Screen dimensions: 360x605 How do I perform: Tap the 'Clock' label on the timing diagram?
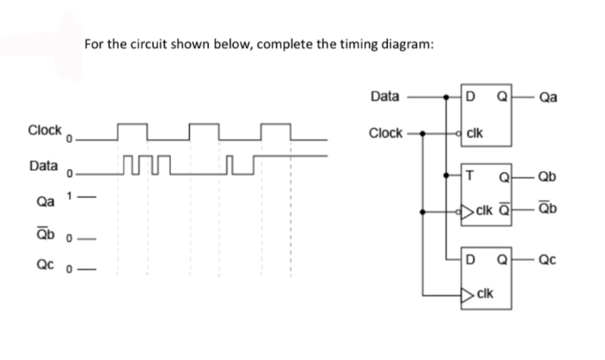[x=45, y=129]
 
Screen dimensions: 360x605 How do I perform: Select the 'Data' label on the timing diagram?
[x=43, y=165]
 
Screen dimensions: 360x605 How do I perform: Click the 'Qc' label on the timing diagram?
[x=44, y=267]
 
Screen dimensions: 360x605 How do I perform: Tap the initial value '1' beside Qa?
[x=77, y=194]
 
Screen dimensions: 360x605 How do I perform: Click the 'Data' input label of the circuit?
[x=384, y=97]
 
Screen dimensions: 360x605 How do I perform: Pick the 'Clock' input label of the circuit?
[x=386, y=133]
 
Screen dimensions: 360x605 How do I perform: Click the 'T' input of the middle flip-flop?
[x=470, y=175]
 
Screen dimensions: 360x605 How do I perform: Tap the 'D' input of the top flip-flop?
[x=470, y=97]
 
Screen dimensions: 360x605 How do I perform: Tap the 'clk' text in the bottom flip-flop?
[x=485, y=293]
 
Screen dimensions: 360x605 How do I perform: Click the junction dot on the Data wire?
[x=446, y=97]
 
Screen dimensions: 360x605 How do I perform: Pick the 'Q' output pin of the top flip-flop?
[x=503, y=97]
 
